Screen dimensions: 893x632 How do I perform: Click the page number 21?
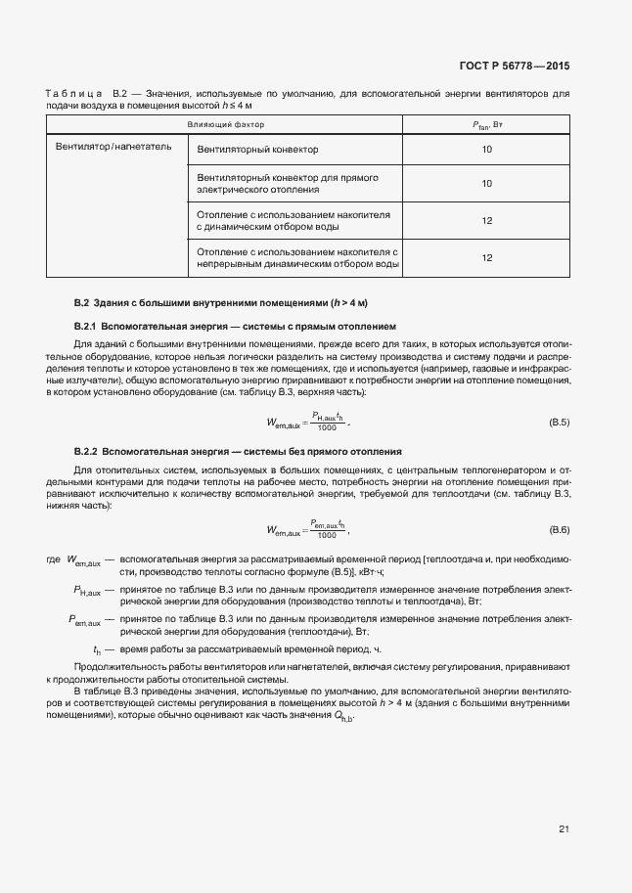click(x=564, y=829)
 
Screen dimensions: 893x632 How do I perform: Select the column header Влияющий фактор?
click(x=226, y=125)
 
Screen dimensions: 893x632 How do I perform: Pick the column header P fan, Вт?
click(x=486, y=125)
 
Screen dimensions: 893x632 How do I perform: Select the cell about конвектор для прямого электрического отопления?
click(x=288, y=184)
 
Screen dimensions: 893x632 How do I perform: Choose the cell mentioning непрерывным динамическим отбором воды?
click(x=297, y=257)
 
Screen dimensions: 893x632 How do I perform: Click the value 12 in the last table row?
click(x=486, y=257)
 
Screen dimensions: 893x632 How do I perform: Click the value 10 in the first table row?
click(x=486, y=150)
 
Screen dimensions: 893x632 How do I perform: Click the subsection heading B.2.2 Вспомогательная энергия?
click(x=238, y=451)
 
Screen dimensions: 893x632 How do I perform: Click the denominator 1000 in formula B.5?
click(x=327, y=400)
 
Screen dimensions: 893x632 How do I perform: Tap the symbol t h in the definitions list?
click(x=97, y=649)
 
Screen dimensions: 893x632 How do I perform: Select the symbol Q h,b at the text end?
click(x=342, y=717)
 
